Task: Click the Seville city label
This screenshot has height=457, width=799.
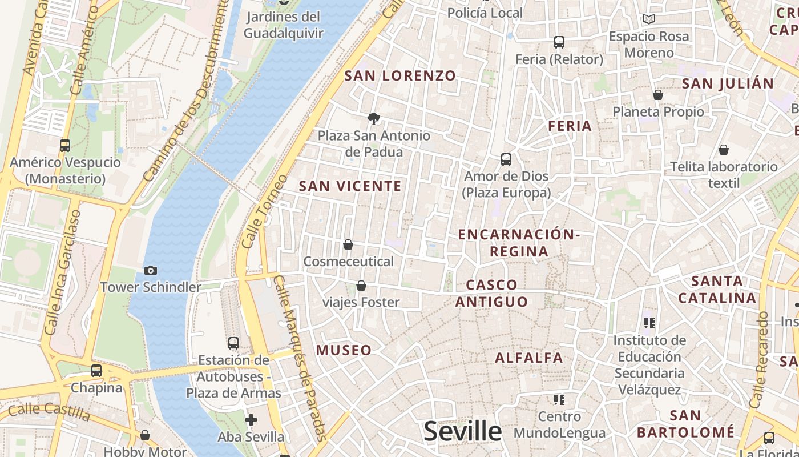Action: click(x=463, y=431)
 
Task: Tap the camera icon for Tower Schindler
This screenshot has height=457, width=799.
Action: click(x=151, y=270)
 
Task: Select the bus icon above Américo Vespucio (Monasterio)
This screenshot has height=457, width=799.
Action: click(x=65, y=146)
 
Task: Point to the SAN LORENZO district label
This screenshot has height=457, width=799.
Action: click(x=400, y=75)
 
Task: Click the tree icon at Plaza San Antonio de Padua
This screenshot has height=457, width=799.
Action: click(x=374, y=119)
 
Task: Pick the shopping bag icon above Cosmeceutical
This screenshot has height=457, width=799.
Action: click(x=348, y=245)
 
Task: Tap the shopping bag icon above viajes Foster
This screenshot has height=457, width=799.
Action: click(x=361, y=286)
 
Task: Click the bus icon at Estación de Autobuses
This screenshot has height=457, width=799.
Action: click(x=233, y=343)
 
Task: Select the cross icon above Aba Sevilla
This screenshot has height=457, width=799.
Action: click(x=251, y=420)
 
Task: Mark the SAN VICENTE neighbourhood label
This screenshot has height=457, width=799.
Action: click(x=350, y=186)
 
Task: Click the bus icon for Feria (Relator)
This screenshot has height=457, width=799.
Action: click(x=559, y=42)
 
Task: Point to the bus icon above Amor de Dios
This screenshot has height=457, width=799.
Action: click(x=506, y=159)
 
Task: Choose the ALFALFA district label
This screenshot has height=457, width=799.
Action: click(x=529, y=358)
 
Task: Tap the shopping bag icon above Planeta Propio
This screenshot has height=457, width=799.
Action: click(x=658, y=95)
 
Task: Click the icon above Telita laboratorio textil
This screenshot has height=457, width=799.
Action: click(x=724, y=150)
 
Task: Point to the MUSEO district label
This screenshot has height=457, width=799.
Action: click(x=344, y=350)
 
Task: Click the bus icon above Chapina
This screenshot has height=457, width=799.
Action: click(x=96, y=371)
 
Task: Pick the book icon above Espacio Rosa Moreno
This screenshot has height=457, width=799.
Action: click(x=648, y=19)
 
